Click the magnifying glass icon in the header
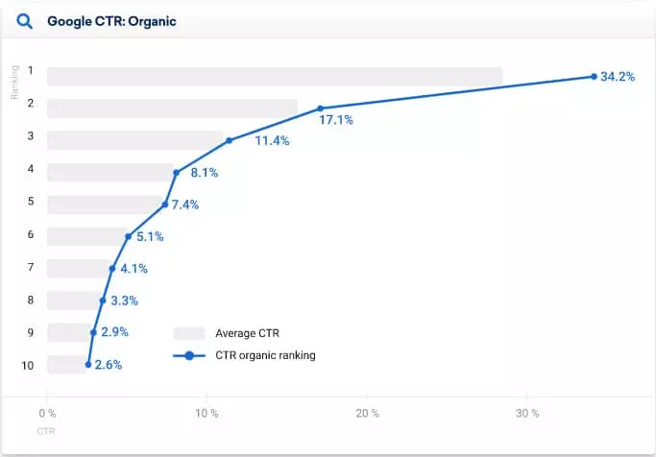[x=27, y=19]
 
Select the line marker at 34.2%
[x=595, y=76]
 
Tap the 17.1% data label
[x=336, y=120]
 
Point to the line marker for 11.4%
[x=230, y=140]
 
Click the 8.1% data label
[x=205, y=173]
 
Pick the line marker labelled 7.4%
[x=165, y=204]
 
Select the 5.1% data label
[x=151, y=236]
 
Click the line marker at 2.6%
[x=88, y=364]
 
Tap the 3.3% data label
[x=125, y=301]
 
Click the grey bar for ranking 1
[x=275, y=76]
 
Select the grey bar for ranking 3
[x=134, y=140]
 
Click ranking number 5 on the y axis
[x=31, y=202]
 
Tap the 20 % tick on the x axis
[x=366, y=414]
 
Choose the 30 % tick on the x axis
[x=526, y=414]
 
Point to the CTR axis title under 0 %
[x=46, y=431]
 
